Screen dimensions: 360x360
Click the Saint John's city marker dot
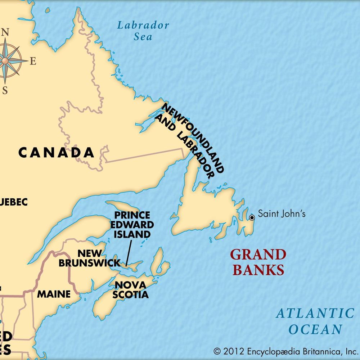(252, 217)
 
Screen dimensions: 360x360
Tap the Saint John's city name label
(282, 214)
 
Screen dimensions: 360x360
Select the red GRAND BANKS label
(258, 262)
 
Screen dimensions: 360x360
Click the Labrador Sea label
(143, 31)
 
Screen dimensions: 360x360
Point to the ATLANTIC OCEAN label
(315, 321)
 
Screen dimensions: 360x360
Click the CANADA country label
(56, 153)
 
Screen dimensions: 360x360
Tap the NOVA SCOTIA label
(130, 290)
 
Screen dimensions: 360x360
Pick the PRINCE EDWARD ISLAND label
(132, 225)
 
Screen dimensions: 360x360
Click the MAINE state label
(54, 294)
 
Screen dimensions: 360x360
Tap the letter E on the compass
(33, 62)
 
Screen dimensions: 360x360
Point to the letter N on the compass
(5, 32)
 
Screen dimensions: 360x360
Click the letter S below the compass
(5, 90)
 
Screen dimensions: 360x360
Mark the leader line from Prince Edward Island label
(129, 253)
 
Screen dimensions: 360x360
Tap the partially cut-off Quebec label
(14, 202)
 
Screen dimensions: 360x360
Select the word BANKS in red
(258, 270)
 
